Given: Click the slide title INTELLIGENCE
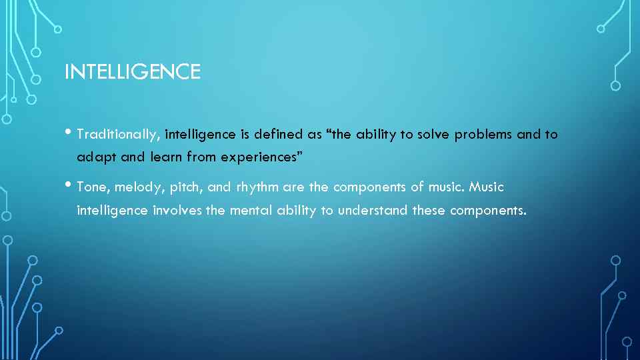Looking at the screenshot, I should click(x=132, y=71).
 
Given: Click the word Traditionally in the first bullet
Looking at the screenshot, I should click(x=118, y=135).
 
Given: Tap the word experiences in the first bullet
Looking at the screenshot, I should click(x=261, y=158).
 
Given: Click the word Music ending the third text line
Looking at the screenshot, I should click(x=487, y=187).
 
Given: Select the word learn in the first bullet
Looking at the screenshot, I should click(x=164, y=158).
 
